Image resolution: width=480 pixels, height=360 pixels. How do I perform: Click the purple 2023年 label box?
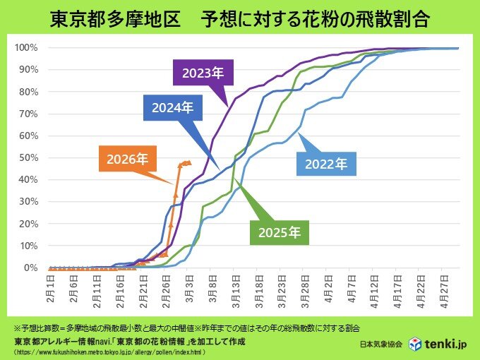tap(203, 73)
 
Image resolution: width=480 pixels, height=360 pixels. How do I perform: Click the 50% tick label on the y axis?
tap(28, 158)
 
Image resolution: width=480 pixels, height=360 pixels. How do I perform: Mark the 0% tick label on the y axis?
tap(30, 268)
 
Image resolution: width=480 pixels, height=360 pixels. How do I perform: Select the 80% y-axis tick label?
tap(28, 92)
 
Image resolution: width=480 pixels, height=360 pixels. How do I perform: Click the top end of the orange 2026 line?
tap(186, 162)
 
